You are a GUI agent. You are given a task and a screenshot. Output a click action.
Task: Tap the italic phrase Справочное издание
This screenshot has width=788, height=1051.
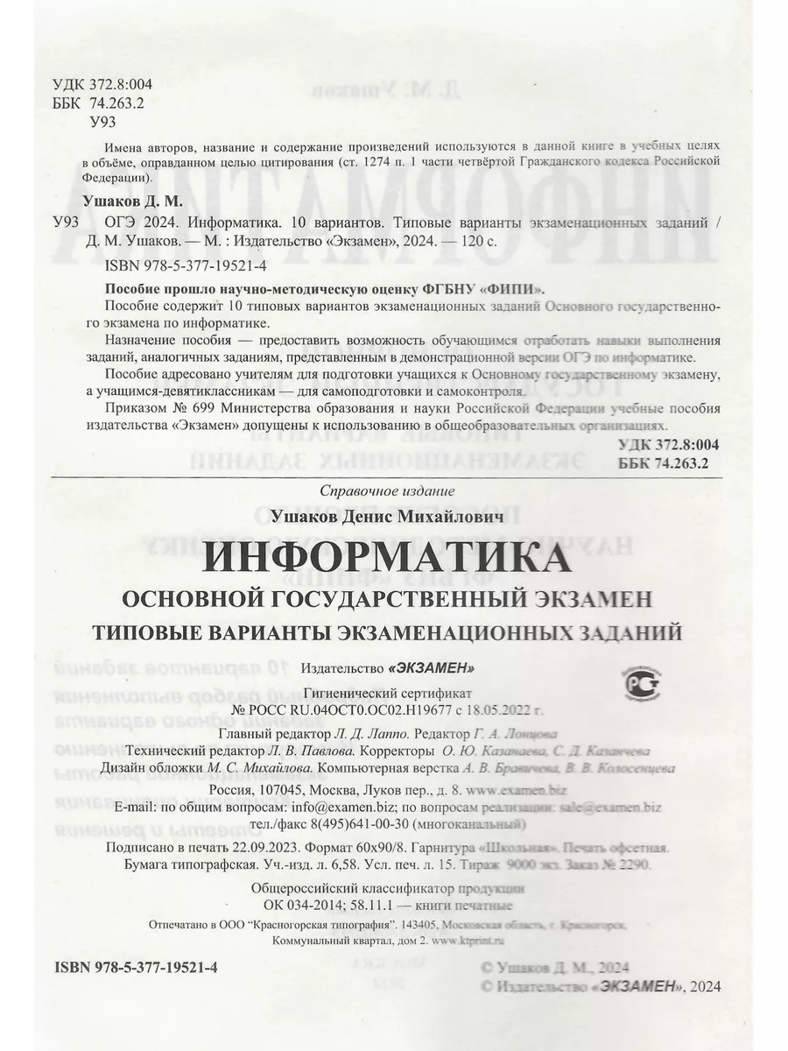(389, 490)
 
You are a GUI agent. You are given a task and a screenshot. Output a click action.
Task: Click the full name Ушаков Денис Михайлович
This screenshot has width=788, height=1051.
(391, 518)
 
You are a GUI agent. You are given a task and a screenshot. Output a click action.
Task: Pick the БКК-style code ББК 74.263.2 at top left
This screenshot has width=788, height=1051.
(91, 102)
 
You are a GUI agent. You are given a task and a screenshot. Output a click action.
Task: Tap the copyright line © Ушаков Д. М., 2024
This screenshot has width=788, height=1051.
(556, 968)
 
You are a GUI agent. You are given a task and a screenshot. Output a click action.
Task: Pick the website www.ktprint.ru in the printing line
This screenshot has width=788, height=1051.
(473, 941)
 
